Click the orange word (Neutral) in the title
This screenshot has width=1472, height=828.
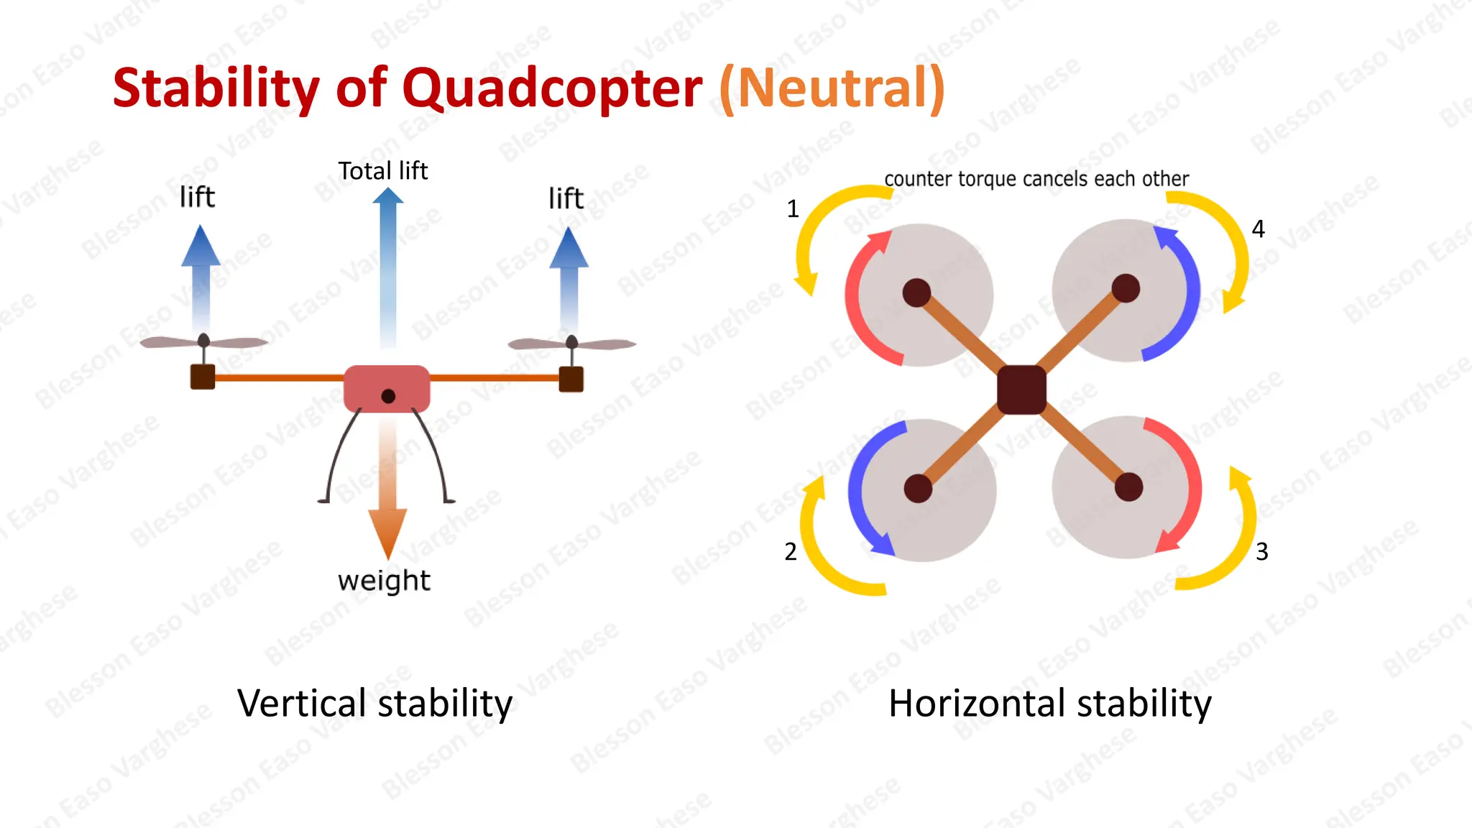click(832, 89)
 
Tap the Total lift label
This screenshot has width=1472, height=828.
click(382, 171)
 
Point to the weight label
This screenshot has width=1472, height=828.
click(384, 581)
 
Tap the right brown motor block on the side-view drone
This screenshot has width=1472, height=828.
click(571, 379)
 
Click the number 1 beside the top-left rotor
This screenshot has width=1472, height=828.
click(793, 209)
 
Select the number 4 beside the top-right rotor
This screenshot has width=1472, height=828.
click(1258, 229)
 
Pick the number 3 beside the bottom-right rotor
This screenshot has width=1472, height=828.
click(1261, 552)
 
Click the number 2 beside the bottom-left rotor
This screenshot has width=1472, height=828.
click(791, 552)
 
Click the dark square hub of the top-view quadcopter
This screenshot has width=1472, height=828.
click(1022, 390)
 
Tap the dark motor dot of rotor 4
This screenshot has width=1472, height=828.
click(1126, 288)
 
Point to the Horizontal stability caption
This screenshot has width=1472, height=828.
click(1049, 703)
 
